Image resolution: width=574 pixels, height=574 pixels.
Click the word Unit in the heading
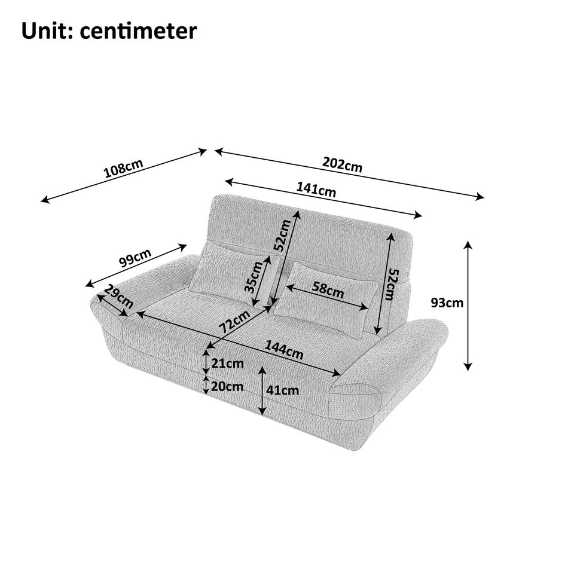click(45, 30)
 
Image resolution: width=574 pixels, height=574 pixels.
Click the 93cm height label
click(447, 303)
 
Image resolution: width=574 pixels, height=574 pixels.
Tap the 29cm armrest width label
click(118, 297)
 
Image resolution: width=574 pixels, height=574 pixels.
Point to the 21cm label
click(227, 363)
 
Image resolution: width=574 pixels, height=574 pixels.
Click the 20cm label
click(227, 386)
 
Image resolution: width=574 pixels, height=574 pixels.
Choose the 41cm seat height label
click(282, 390)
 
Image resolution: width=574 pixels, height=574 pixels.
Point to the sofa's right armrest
click(395, 359)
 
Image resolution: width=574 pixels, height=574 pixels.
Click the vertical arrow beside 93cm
click(469, 306)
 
